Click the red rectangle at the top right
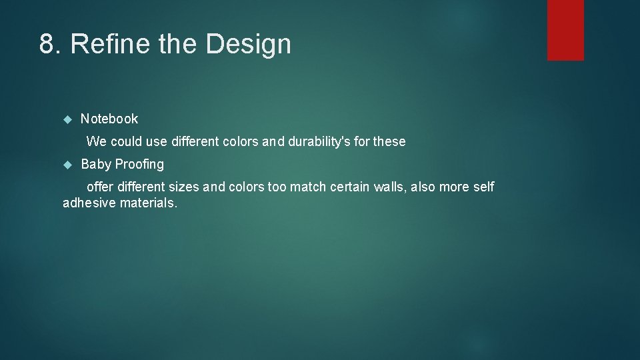pos(565,30)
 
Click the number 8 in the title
pos(47,44)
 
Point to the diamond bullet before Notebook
pos(67,119)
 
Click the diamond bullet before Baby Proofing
pos(67,164)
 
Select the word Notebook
pos(109,119)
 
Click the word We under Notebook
pos(97,141)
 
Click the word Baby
pos(96,164)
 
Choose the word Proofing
pos(139,164)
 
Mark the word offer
pos(100,187)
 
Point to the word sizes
pos(184,187)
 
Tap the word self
pos(483,187)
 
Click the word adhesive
pos(89,203)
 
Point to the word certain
pos(350,187)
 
